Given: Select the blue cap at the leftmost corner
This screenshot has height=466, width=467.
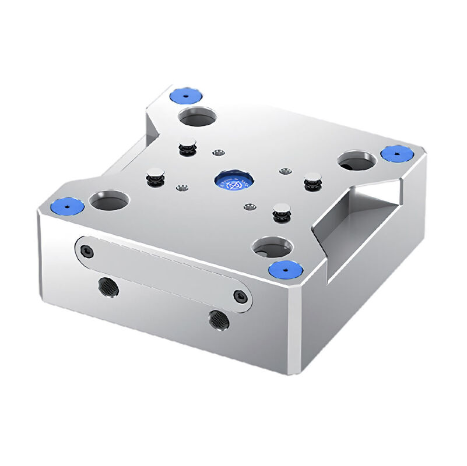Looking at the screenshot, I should coord(65,206).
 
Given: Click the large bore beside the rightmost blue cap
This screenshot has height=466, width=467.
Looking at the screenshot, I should coord(357,160).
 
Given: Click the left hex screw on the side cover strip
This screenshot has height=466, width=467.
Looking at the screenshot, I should coord(87,252).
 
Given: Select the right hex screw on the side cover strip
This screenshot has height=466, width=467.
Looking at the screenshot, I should coord(238,296).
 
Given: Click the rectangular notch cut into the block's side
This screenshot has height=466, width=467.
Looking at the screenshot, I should coord(356,221).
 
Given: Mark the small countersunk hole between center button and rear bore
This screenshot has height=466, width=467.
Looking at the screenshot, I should coord(218,153).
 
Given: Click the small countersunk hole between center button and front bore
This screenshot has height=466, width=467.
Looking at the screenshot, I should coord(250,207).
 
